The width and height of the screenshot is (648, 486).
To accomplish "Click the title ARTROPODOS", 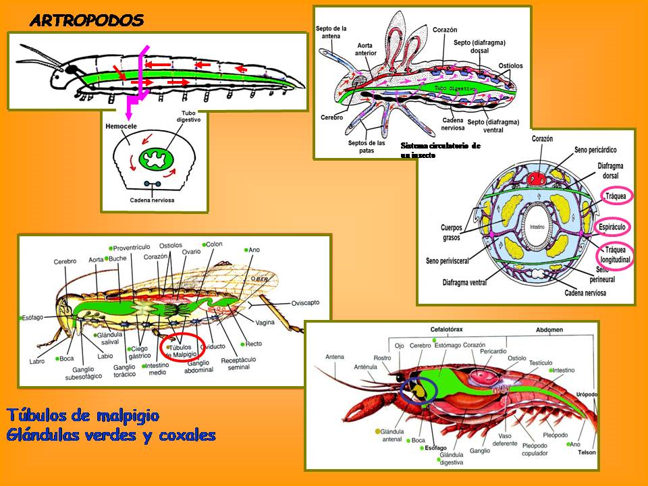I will (x=87, y=20).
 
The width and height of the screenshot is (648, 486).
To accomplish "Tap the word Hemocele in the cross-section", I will (x=122, y=126).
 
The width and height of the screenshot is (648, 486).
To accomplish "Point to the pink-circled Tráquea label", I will (x=616, y=196).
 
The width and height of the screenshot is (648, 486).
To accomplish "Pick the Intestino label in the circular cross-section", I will (x=537, y=226).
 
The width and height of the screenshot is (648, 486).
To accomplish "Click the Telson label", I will (x=587, y=452).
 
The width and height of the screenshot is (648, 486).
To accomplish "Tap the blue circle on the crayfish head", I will (x=418, y=391).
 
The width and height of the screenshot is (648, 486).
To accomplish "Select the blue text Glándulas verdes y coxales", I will (x=111, y=435).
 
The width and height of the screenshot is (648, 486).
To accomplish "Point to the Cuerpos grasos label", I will (x=448, y=232).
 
